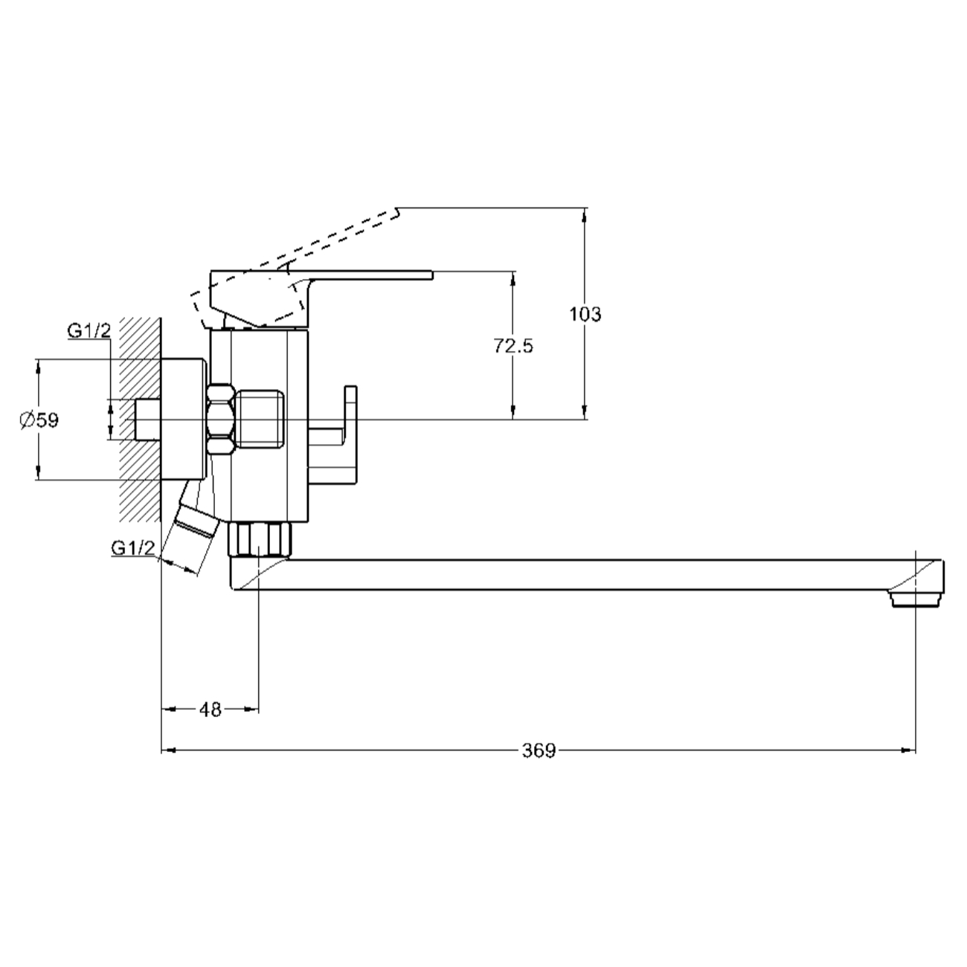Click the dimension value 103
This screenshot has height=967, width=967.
pyautogui.click(x=585, y=314)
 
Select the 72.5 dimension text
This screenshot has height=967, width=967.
pyautogui.click(x=513, y=346)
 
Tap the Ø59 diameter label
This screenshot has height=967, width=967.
pyautogui.click(x=39, y=420)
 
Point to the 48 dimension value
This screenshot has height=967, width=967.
pyautogui.click(x=211, y=710)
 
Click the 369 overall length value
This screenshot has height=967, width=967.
pyautogui.click(x=539, y=751)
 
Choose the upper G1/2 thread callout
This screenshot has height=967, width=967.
pyautogui.click(x=89, y=331)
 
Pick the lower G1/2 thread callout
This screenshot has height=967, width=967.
pyautogui.click(x=133, y=548)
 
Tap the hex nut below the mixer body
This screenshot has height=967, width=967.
pyautogui.click(x=260, y=539)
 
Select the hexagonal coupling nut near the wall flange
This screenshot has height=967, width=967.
pyautogui.click(x=221, y=420)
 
